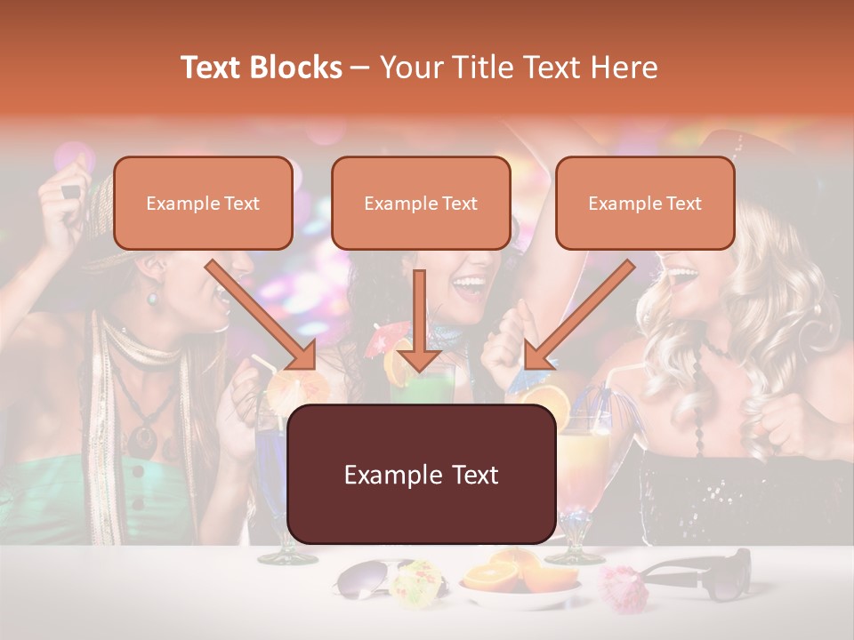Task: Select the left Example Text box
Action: point(203,204)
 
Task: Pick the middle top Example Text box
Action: point(421,204)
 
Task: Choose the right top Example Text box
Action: point(645,204)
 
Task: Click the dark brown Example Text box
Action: point(421,475)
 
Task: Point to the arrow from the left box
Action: point(262,316)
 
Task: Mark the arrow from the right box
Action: point(578,316)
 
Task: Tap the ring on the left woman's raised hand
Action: point(70,191)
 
